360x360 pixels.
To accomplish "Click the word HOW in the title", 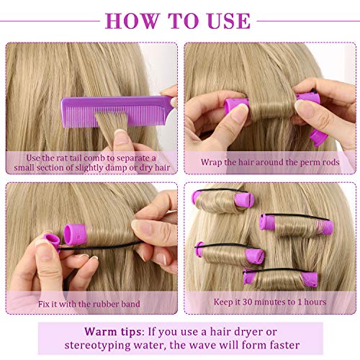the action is (x=132, y=21).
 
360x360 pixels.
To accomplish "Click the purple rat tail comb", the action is (x=117, y=111).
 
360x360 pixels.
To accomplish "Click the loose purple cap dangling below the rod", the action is (x=318, y=138).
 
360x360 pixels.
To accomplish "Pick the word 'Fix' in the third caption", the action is (x=43, y=304).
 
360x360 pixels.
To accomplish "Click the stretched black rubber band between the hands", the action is (x=99, y=246).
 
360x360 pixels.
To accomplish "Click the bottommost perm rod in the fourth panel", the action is (x=280, y=279).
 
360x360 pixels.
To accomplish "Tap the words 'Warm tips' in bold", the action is (x=112, y=332).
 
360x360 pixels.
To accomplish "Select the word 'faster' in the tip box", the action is (x=284, y=345).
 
